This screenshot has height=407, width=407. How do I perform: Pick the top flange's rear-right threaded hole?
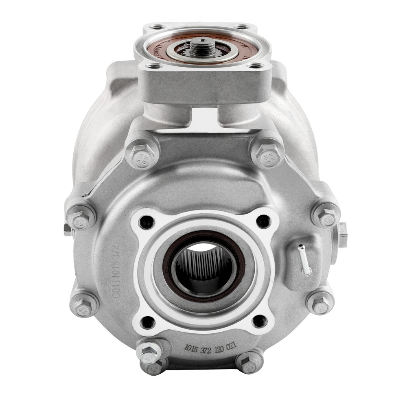pyautogui.click(x=243, y=27)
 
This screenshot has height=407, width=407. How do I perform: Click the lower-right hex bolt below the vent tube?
pyautogui.click(x=321, y=303)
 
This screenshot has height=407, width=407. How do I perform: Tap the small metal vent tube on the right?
pyautogui.click(x=304, y=259)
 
